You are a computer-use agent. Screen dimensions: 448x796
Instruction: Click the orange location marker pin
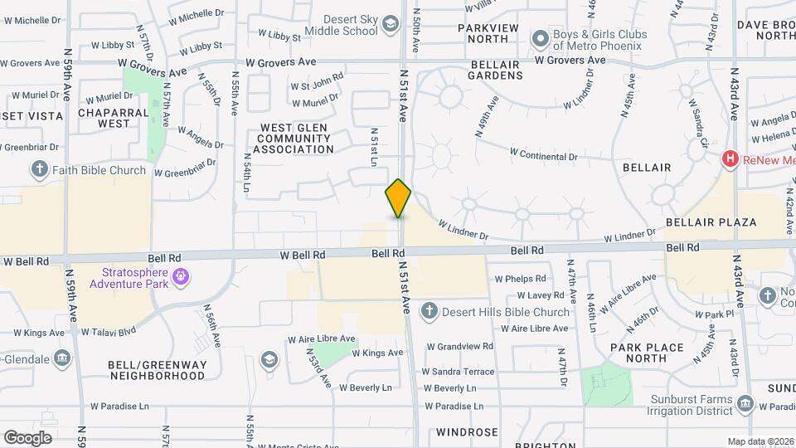[398, 198]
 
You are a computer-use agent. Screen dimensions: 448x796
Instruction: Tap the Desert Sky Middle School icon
[390, 26]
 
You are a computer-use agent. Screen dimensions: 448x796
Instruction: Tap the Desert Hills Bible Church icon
[429, 312]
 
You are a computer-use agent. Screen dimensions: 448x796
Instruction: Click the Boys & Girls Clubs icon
[541, 38]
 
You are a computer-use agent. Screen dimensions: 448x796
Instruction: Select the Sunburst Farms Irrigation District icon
[745, 404]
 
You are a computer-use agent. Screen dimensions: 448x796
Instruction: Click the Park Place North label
[647, 353]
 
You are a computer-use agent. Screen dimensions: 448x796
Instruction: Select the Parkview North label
[494, 33]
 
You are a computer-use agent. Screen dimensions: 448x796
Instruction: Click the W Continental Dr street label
[543, 155]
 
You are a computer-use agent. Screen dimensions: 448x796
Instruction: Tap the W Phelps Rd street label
[519, 279]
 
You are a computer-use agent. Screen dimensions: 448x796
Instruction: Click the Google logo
[27, 437]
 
